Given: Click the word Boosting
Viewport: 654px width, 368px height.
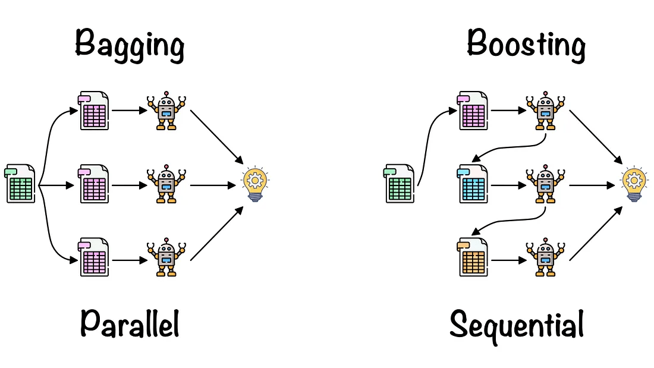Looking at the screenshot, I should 526,45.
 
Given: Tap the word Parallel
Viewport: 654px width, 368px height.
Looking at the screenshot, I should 130,323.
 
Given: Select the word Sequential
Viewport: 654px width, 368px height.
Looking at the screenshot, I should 516,325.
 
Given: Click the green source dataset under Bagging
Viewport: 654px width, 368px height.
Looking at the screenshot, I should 20,184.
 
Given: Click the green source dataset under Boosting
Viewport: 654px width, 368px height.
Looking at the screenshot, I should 400,184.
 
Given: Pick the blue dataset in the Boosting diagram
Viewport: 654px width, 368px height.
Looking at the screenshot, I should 473,185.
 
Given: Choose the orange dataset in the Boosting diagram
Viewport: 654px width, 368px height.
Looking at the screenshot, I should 473,257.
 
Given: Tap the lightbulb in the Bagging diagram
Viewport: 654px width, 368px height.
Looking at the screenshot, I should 256,185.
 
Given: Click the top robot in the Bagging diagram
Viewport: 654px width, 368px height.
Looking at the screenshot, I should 166,111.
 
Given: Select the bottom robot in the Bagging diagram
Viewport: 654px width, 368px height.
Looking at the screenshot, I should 166,257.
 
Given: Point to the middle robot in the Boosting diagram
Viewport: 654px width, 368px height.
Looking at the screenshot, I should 544,185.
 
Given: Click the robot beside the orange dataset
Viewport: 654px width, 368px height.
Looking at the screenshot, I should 544,257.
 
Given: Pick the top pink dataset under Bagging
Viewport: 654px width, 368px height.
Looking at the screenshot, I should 94,111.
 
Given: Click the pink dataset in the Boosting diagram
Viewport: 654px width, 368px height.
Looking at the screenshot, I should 473,111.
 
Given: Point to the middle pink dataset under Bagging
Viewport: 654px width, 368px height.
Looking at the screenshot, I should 94,185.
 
